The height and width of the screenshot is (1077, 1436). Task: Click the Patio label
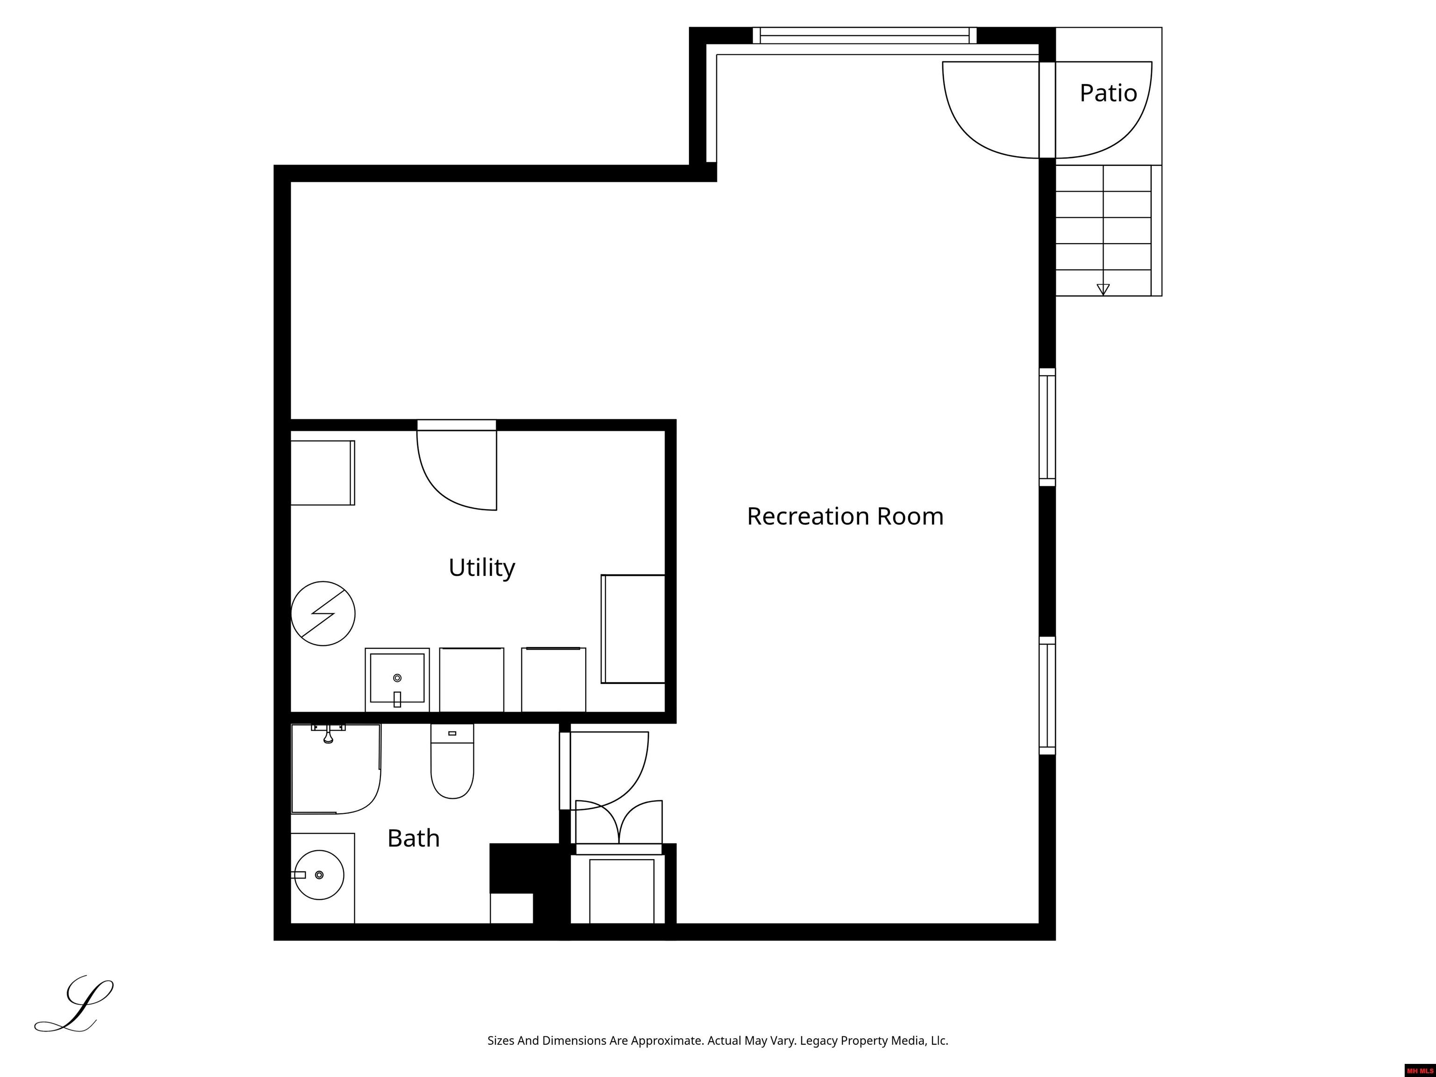point(1108,93)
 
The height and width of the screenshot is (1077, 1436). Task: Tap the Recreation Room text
point(845,516)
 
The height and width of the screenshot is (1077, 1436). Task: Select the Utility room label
point(481,568)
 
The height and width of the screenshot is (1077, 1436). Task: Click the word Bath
point(414,838)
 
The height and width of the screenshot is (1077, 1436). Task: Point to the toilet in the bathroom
point(452,761)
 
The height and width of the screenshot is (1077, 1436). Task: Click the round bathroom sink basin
point(319,875)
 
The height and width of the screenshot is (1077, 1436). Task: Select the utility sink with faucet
point(397,679)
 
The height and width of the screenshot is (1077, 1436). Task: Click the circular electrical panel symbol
point(323,613)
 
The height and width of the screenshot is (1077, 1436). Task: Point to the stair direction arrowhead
point(1103,289)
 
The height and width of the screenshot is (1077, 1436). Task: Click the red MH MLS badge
point(1420,1070)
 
